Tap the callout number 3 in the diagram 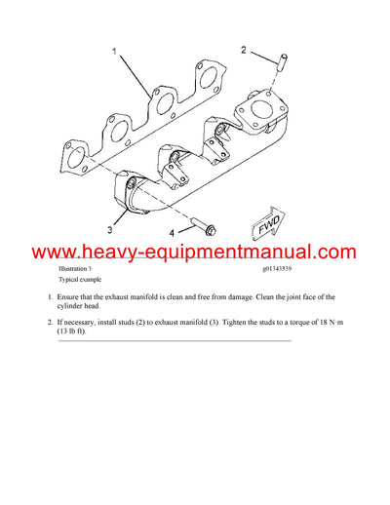[109, 231]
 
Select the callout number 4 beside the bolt [173, 233]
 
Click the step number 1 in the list [49, 297]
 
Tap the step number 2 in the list [49, 321]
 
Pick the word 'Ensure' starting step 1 [71, 297]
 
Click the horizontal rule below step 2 [175, 341]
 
